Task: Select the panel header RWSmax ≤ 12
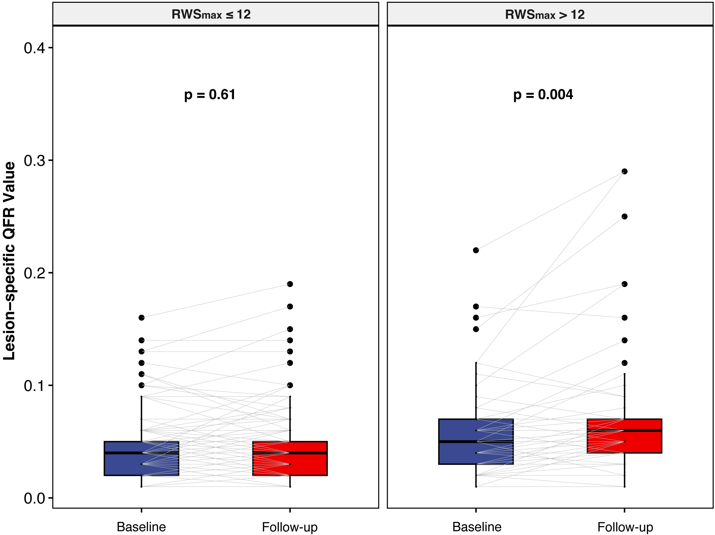coord(211,15)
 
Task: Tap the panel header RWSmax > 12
coord(545,15)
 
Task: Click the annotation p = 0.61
coord(210,95)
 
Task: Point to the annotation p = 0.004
coord(543,95)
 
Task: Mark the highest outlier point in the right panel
coord(625,171)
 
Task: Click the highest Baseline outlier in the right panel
coord(476,250)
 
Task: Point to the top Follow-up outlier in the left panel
coord(290,284)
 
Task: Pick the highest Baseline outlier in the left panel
coord(142,318)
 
